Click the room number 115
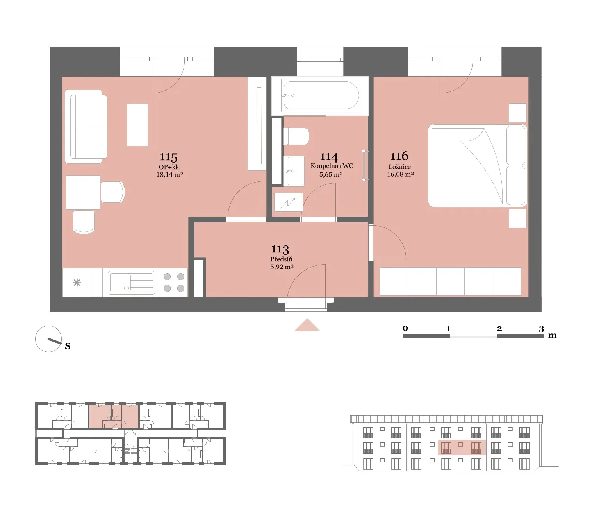click(x=168, y=157)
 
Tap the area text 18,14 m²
click(x=169, y=174)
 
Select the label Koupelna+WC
click(x=332, y=166)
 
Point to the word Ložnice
click(x=399, y=166)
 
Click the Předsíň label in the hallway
click(x=281, y=259)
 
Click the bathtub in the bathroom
click(x=320, y=95)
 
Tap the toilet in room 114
click(x=296, y=136)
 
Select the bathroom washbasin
click(x=294, y=171)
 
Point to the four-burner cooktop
click(x=174, y=283)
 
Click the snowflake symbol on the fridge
click(x=77, y=283)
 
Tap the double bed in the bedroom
click(x=478, y=165)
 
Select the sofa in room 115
click(x=86, y=126)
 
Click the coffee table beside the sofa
click(x=137, y=125)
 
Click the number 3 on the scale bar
click(x=541, y=329)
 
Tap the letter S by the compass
click(x=68, y=346)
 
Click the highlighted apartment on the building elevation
click(x=462, y=447)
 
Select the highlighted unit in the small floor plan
click(x=114, y=416)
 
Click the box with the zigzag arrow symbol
click(x=289, y=202)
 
